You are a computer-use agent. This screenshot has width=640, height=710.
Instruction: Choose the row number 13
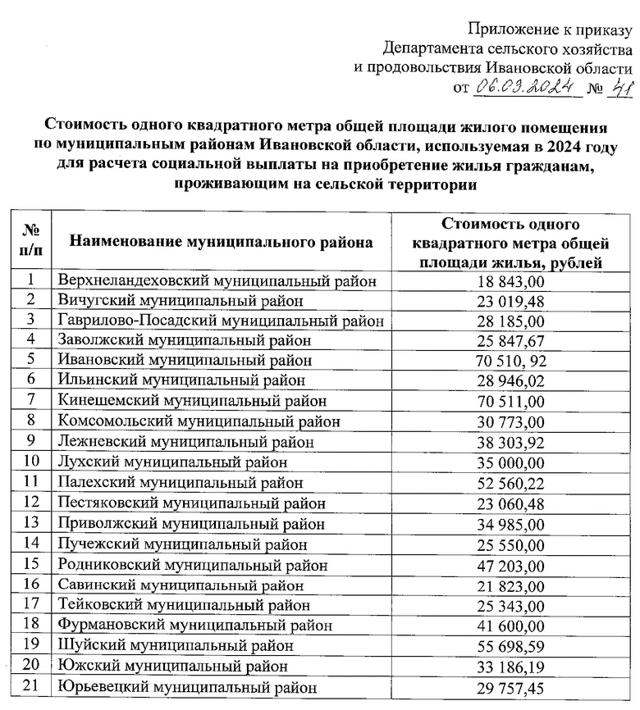(31, 523)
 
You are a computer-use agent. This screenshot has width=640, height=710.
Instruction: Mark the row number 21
(31, 687)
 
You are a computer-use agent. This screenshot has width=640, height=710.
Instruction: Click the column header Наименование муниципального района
(222, 242)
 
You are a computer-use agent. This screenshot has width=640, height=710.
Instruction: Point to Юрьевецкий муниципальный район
(187, 688)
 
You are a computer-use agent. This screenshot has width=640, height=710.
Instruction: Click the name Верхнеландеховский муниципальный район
(217, 281)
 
